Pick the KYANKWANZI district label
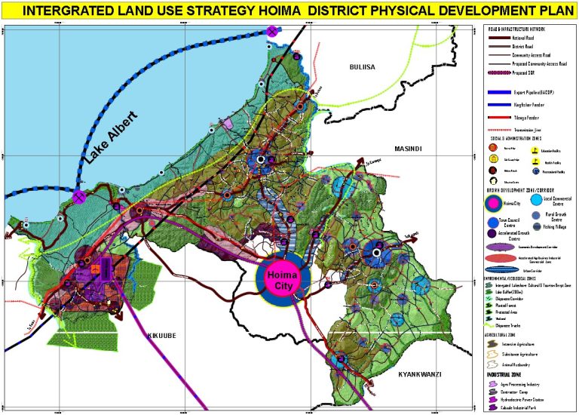point(419,374)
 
